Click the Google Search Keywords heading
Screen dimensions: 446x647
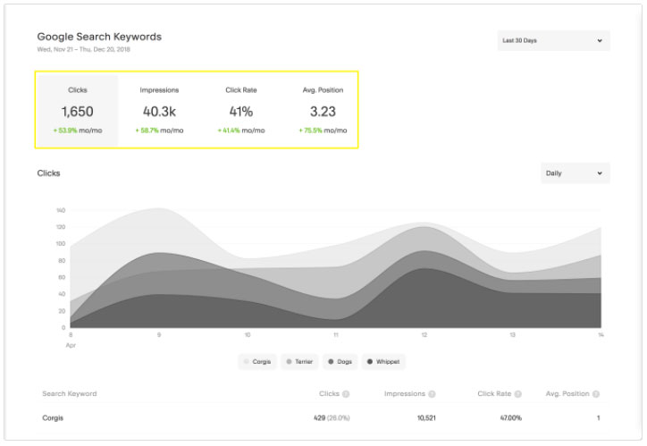[99, 37]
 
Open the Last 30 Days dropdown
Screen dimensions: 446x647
[553, 40]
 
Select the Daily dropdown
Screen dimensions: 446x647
[575, 173]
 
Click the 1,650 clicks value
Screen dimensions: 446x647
[77, 112]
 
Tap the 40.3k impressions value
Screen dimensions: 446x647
[160, 112]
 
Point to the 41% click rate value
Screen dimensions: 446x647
[241, 112]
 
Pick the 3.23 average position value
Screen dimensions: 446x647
[323, 112]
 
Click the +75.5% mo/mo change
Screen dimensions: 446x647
[323, 130]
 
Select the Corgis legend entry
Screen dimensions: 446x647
[257, 362]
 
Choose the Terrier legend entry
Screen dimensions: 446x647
[300, 362]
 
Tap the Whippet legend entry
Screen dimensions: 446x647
[383, 362]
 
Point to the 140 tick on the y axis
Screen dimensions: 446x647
[61, 210]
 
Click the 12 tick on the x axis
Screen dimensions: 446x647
[424, 335]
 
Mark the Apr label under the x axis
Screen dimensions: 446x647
[71, 343]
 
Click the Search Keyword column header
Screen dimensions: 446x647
[70, 393]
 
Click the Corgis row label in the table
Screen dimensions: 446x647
[54, 417]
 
